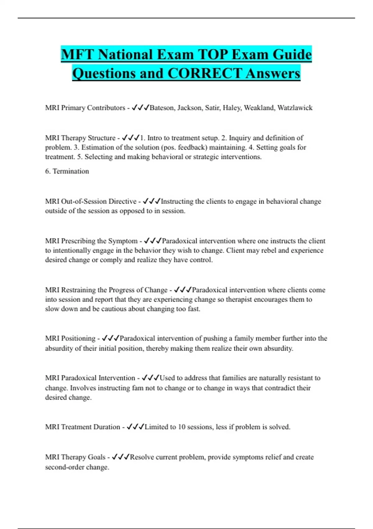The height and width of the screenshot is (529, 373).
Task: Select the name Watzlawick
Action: [x=295, y=108]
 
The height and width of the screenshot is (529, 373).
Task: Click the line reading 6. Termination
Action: [x=67, y=171]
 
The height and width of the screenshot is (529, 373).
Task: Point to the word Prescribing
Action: [x=78, y=241]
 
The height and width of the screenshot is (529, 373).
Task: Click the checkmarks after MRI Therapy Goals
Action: [x=121, y=457]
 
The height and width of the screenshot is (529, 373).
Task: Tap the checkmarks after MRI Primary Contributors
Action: [x=140, y=108]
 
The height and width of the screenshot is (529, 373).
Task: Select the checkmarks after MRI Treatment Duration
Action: [x=135, y=427]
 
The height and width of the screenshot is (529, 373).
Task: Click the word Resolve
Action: [x=142, y=457]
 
